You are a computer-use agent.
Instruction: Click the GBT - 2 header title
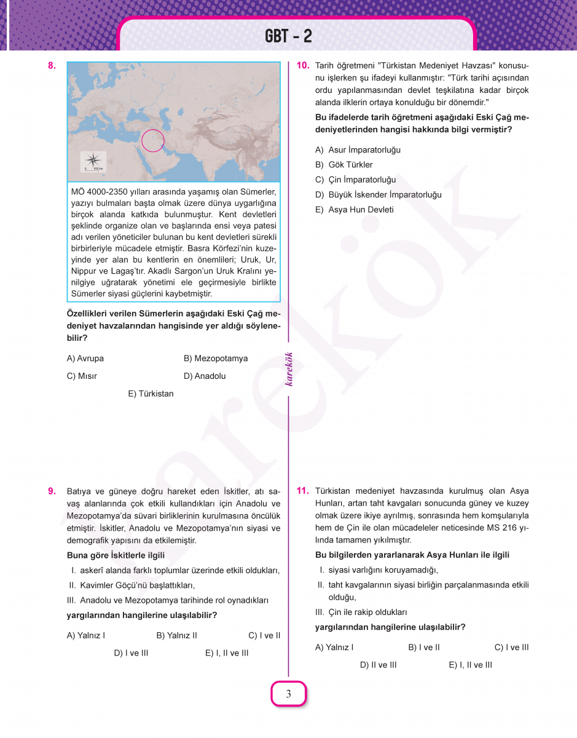(x=288, y=36)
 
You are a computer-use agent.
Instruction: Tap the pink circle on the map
(x=153, y=141)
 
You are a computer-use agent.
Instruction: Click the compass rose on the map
(x=93, y=158)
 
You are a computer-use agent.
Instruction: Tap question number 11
(x=302, y=491)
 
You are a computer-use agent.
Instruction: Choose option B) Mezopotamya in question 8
(x=215, y=359)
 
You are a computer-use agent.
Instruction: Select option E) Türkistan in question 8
(x=151, y=394)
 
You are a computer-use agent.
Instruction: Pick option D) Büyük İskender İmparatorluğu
(x=378, y=195)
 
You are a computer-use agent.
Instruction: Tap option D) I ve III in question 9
(x=131, y=653)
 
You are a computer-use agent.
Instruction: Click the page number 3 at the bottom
(x=288, y=694)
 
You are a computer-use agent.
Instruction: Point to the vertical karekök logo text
(x=289, y=368)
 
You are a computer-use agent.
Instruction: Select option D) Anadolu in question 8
(x=205, y=376)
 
